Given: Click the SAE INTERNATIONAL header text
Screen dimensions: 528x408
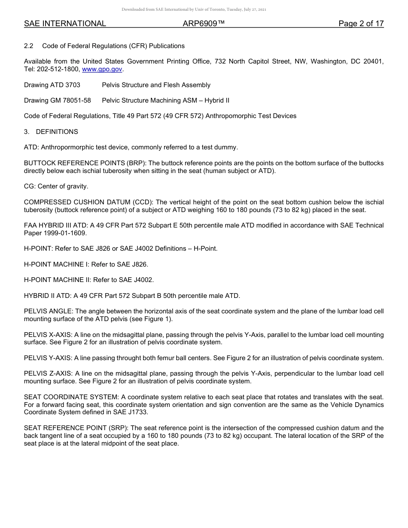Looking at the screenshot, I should tap(65, 24).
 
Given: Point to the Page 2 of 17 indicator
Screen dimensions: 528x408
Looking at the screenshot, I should tap(361, 24).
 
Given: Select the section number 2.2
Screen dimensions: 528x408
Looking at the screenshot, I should tap(29, 46).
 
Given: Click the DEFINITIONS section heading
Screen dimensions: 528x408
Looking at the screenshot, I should tap(57, 132).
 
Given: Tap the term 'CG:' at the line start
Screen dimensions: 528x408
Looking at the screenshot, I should tap(30, 186).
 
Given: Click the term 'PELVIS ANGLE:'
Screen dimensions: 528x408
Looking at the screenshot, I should tap(49, 311).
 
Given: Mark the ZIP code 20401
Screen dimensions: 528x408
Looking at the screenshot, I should tap(372, 61).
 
